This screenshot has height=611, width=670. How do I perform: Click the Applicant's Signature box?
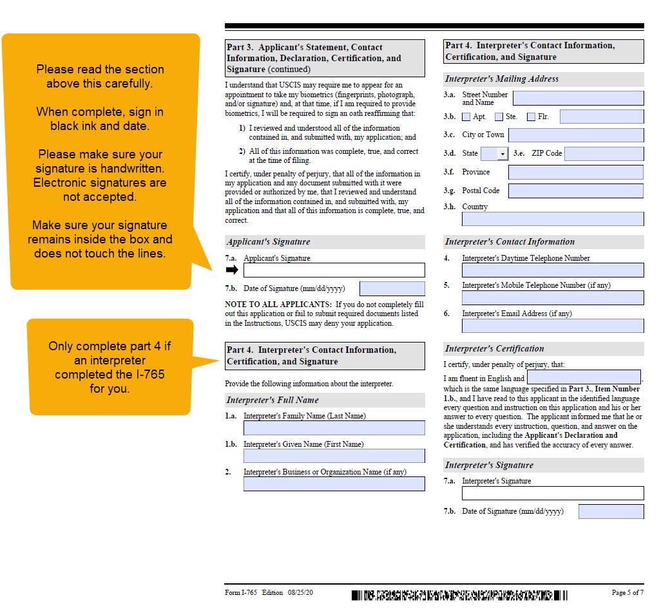tap(334, 270)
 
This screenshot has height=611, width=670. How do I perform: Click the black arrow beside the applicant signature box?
tap(232, 270)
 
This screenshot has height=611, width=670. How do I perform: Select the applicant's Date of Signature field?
tap(392, 288)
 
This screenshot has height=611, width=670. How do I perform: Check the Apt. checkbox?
tap(466, 117)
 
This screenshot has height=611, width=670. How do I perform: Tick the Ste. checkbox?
tap(499, 117)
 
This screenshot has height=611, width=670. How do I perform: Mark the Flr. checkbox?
tap(531, 117)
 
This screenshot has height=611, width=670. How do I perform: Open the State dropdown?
tap(503, 154)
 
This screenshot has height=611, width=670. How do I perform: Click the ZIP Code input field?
tap(604, 154)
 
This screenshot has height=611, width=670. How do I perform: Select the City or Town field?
tap(575, 135)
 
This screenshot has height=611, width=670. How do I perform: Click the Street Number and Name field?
tap(578, 99)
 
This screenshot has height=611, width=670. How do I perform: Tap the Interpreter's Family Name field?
tap(334, 428)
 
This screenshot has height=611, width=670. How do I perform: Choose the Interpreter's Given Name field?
tap(334, 456)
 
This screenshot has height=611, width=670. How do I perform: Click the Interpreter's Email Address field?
tap(552, 326)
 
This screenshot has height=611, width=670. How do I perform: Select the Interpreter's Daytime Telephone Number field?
tap(552, 270)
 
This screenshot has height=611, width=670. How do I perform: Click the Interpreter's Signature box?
tap(552, 493)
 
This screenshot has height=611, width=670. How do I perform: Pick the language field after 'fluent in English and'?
tap(584, 377)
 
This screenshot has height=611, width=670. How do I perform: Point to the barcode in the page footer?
tap(459, 595)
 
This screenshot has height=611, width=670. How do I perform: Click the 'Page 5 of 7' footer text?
tap(627, 592)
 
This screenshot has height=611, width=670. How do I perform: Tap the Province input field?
tap(575, 173)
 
